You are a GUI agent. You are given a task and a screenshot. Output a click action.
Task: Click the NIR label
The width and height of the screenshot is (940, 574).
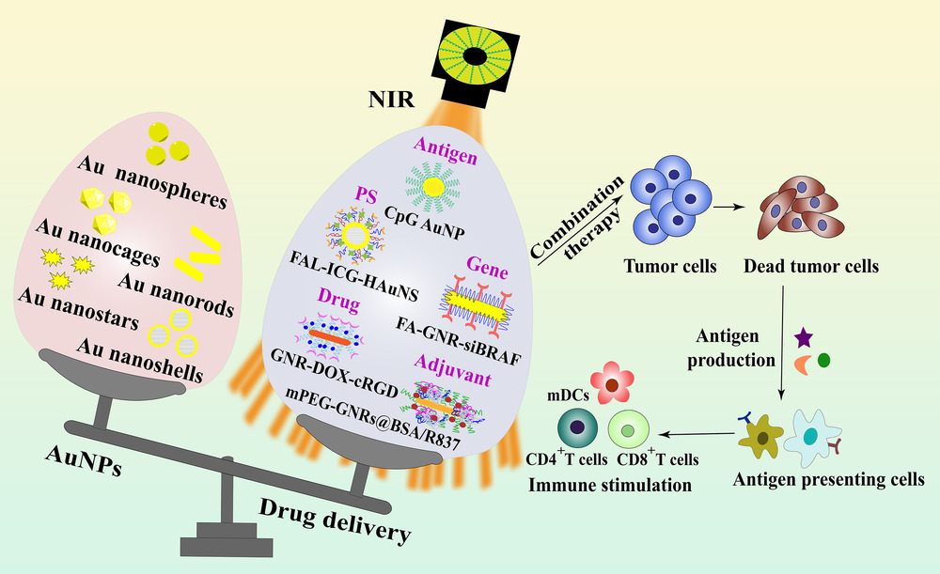click(x=391, y=99)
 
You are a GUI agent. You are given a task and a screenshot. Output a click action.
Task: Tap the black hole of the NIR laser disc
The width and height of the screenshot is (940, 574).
click(x=475, y=57)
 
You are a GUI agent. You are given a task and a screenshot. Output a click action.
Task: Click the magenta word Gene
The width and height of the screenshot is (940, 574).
click(x=487, y=267)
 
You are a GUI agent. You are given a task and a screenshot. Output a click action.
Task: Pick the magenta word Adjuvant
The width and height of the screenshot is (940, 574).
click(x=453, y=369)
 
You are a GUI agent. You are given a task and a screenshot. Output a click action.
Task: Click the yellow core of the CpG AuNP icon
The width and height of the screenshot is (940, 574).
click(x=432, y=188)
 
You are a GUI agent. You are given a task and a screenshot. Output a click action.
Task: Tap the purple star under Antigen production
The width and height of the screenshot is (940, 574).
click(x=804, y=338)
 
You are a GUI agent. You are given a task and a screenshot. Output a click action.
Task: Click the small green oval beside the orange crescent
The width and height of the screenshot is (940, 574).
click(x=823, y=360)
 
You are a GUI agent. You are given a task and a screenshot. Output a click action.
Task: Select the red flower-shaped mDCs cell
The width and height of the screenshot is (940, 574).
click(x=612, y=382)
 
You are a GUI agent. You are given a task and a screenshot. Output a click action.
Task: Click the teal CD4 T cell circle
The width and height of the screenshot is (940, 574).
click(x=577, y=427)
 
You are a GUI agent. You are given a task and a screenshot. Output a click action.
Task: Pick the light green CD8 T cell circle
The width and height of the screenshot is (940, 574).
click(x=628, y=430)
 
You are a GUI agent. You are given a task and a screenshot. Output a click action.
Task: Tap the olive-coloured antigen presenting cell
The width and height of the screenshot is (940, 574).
click(x=761, y=436)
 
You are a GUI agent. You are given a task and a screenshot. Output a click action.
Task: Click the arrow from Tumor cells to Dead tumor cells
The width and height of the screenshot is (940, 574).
click(x=728, y=207)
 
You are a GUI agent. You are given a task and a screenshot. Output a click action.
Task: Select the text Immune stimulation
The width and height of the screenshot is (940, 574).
click(x=610, y=485)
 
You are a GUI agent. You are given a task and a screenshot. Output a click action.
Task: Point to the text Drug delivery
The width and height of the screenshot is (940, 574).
click(x=336, y=520)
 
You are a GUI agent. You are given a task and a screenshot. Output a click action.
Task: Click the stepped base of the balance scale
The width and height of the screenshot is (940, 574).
click(x=227, y=539)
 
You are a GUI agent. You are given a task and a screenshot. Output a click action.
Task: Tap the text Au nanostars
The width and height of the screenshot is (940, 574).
click(x=79, y=308)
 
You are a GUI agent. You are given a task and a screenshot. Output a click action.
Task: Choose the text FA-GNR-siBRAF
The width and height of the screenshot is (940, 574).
click(x=459, y=340)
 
